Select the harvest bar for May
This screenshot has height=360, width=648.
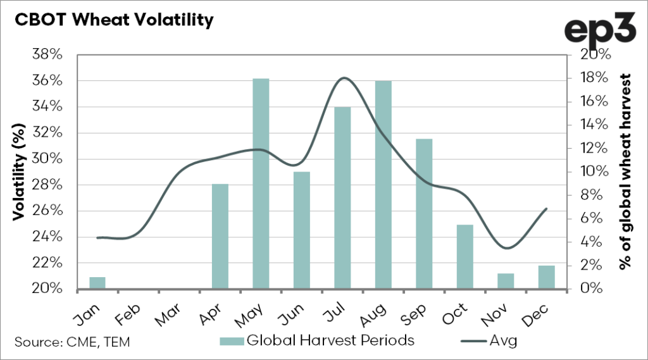(x=261, y=183)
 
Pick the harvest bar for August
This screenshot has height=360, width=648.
(x=383, y=184)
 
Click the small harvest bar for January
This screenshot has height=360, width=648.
(x=97, y=283)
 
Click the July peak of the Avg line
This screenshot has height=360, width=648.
(x=344, y=78)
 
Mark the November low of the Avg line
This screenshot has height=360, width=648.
(x=506, y=247)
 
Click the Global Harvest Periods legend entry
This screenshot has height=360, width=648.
(x=316, y=340)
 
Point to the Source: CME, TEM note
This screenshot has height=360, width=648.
(x=73, y=342)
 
